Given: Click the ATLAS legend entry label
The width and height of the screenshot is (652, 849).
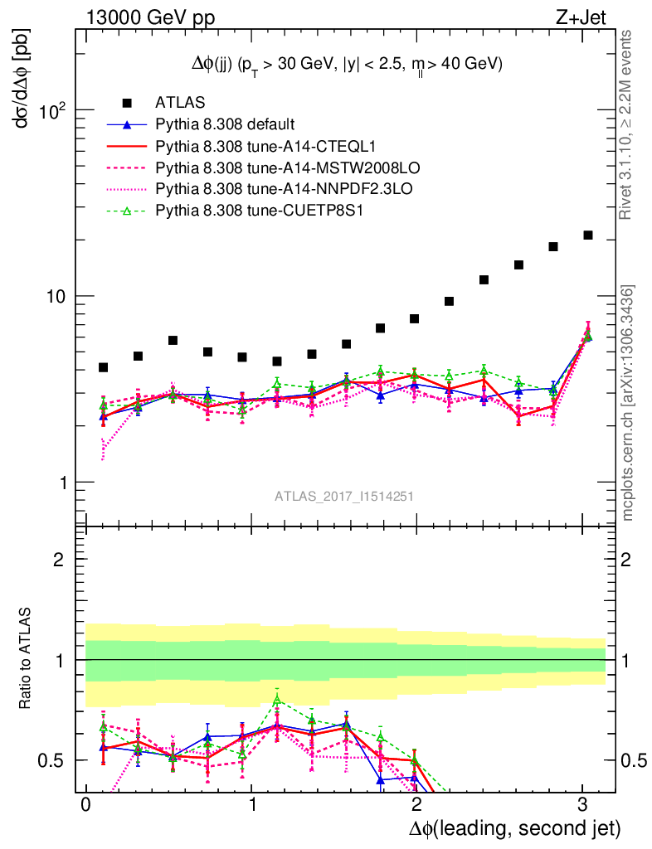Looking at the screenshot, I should point(179,103).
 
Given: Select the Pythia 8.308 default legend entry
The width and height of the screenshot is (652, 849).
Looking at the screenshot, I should point(225,124).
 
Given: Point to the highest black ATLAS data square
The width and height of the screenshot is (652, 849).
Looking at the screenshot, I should point(588,235).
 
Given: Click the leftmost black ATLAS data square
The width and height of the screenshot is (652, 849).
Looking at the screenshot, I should point(104,367).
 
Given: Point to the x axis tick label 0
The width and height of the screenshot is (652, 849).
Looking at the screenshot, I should point(85,805).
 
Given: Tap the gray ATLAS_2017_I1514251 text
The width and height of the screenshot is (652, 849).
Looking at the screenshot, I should point(344,497).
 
